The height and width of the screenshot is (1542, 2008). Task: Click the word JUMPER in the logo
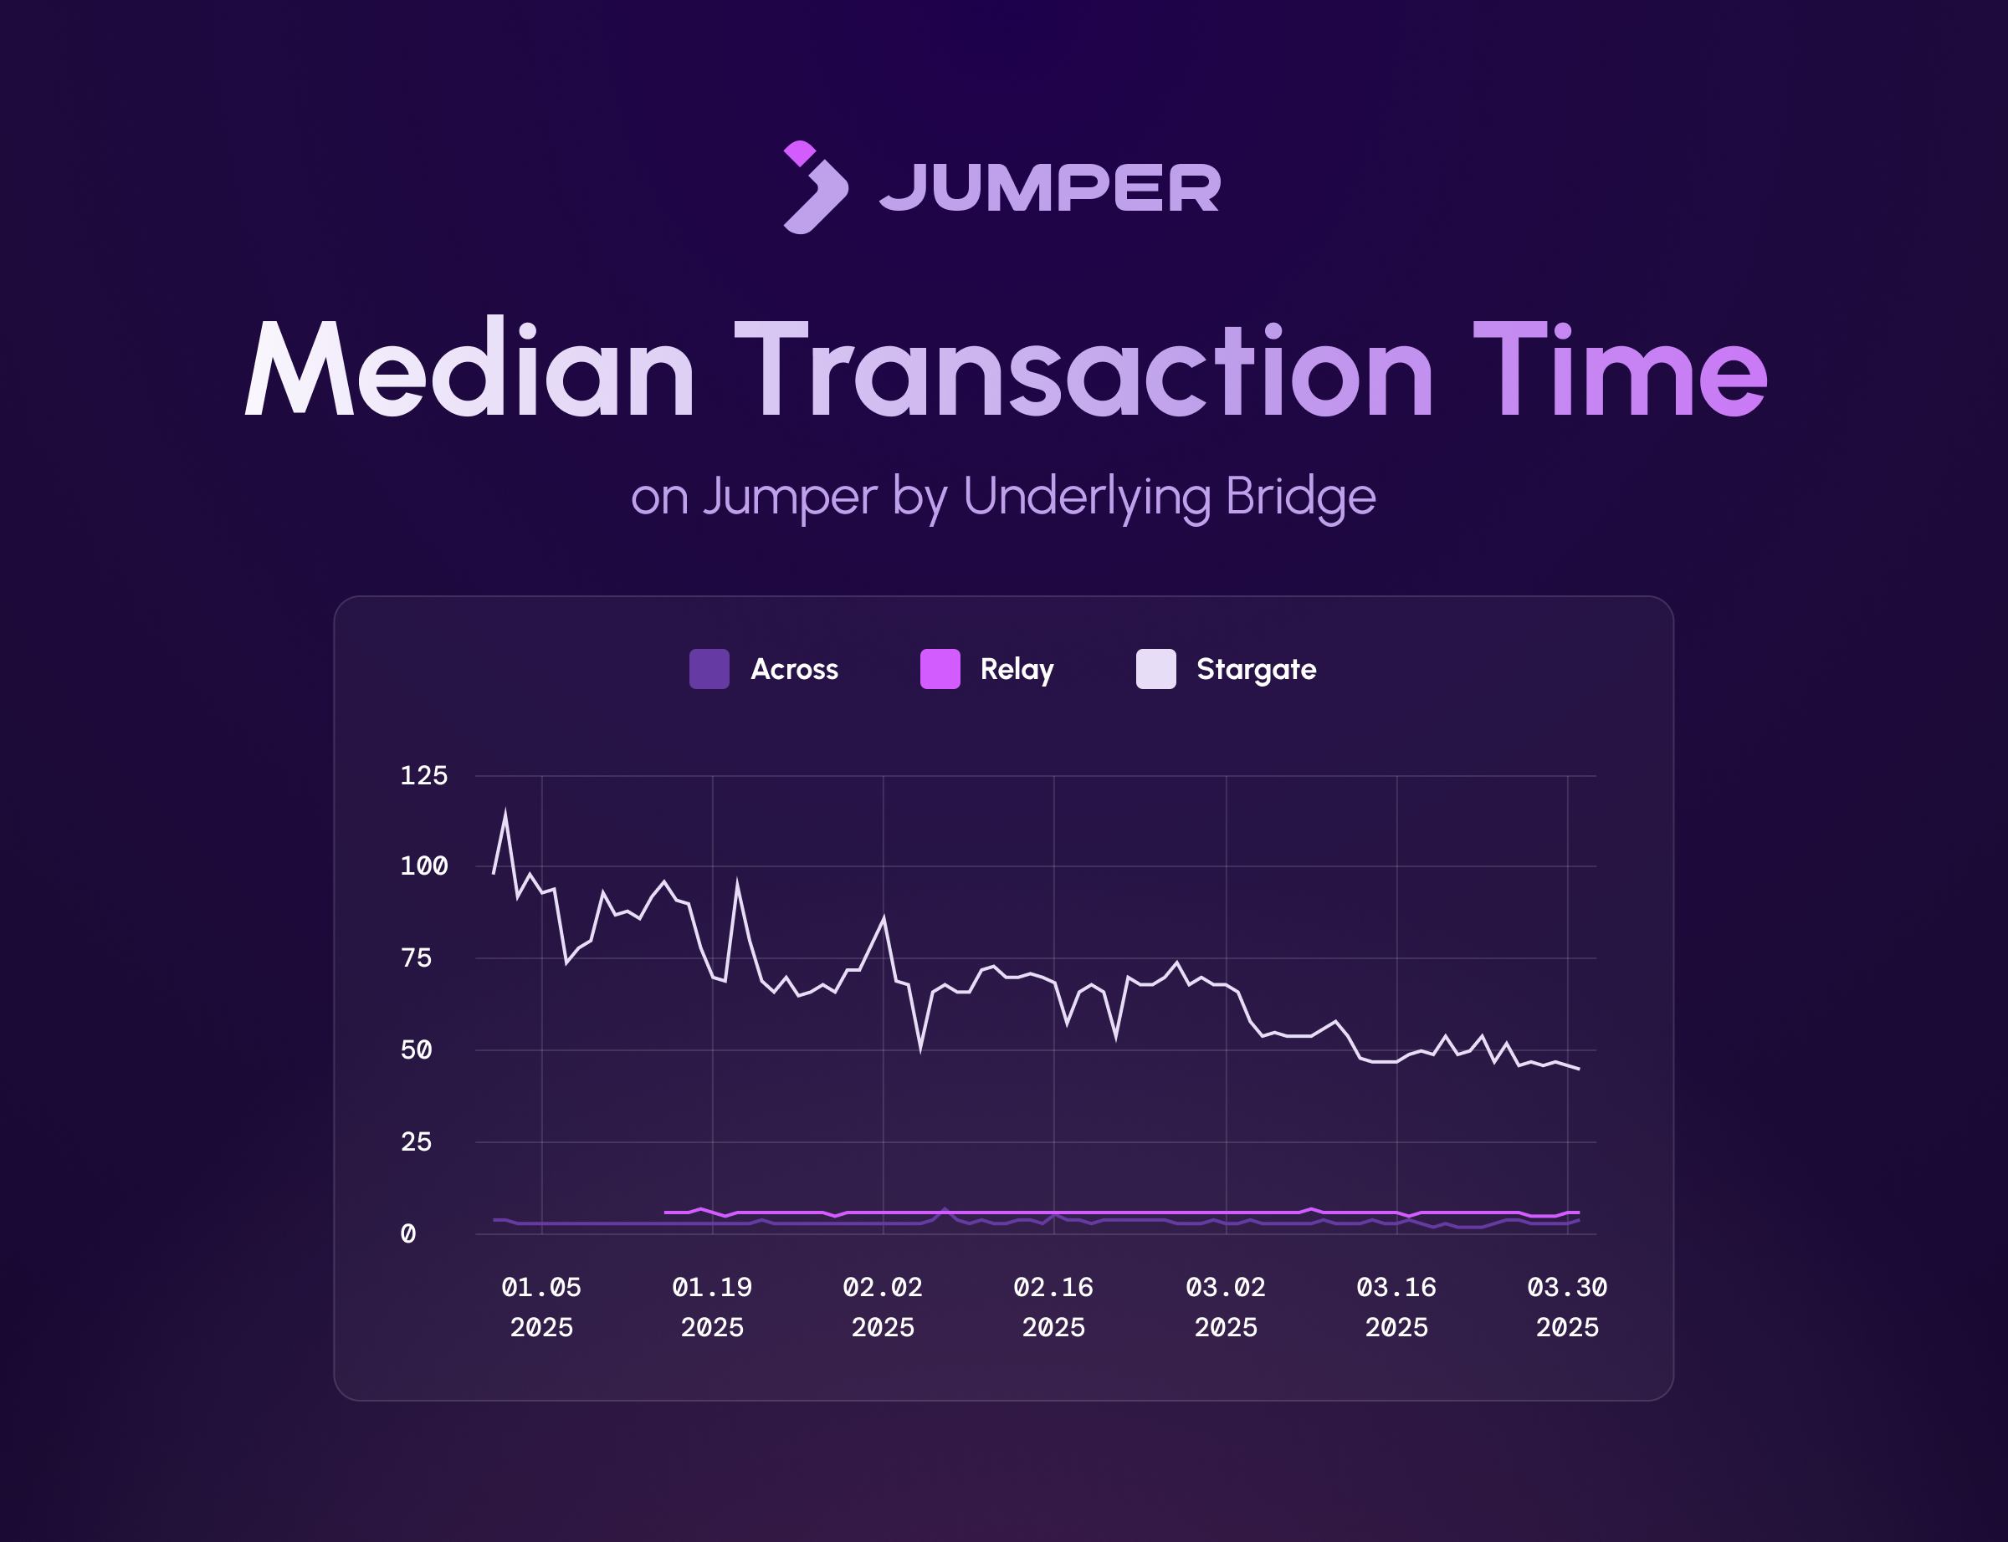pos(1050,187)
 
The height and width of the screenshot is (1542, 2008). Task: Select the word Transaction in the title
pos(1083,369)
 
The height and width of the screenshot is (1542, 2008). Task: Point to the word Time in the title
pos(1620,369)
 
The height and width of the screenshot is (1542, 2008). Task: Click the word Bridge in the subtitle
pos(1300,498)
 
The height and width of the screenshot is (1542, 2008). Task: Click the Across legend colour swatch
pos(709,668)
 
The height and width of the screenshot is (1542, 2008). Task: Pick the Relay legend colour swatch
pos(940,668)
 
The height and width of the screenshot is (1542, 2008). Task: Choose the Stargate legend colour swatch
pos(1156,668)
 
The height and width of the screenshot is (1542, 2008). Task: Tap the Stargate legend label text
pos(1256,670)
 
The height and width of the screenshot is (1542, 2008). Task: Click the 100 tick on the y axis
pos(423,865)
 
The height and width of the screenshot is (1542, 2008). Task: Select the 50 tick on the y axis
pos(416,1050)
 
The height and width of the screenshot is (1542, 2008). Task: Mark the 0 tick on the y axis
pos(407,1233)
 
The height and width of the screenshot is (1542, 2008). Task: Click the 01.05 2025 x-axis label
pos(541,1307)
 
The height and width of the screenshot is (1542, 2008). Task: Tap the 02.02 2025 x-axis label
pos(884,1307)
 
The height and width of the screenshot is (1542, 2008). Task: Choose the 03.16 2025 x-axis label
pos(1396,1307)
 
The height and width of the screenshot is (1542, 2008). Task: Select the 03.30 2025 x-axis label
pos(1567,1307)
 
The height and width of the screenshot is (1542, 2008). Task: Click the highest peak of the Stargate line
pos(506,812)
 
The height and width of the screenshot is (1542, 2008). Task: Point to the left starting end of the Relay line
pos(665,1213)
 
